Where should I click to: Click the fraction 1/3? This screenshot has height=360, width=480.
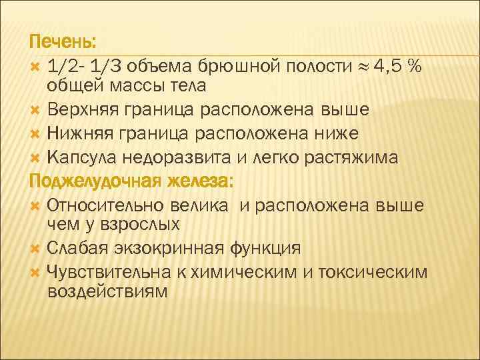[x=107, y=67]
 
